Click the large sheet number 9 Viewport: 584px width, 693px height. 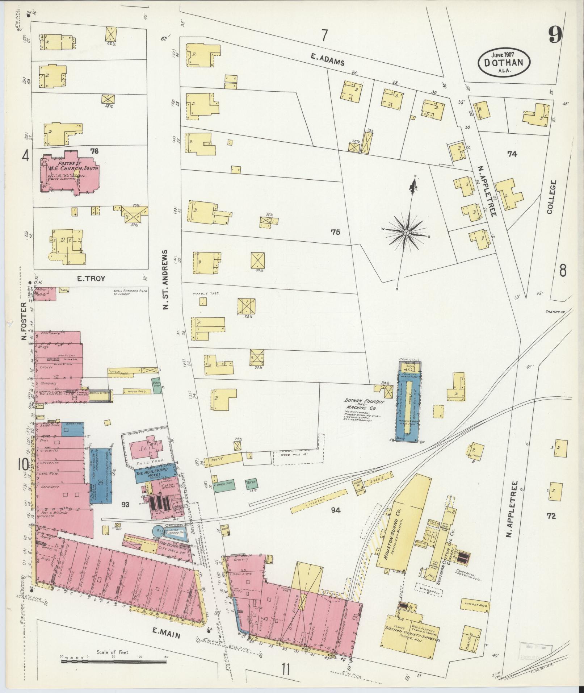click(x=555, y=36)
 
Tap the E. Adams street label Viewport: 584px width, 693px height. click(x=327, y=59)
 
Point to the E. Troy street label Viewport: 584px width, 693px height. click(x=91, y=279)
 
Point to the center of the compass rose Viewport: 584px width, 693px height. click(x=407, y=232)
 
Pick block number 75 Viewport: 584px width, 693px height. click(x=335, y=232)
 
